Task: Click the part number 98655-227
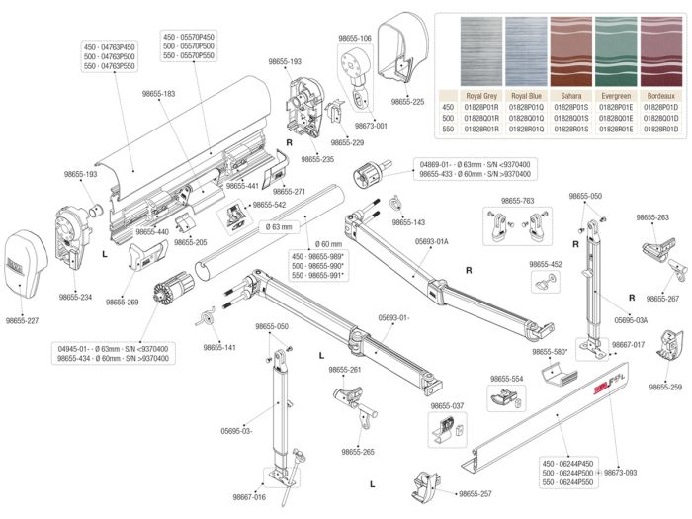point(22,320)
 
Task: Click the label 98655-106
point(353,38)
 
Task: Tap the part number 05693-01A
point(432,241)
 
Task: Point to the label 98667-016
point(250,497)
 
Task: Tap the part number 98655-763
point(517,201)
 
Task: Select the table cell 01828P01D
point(660,106)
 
